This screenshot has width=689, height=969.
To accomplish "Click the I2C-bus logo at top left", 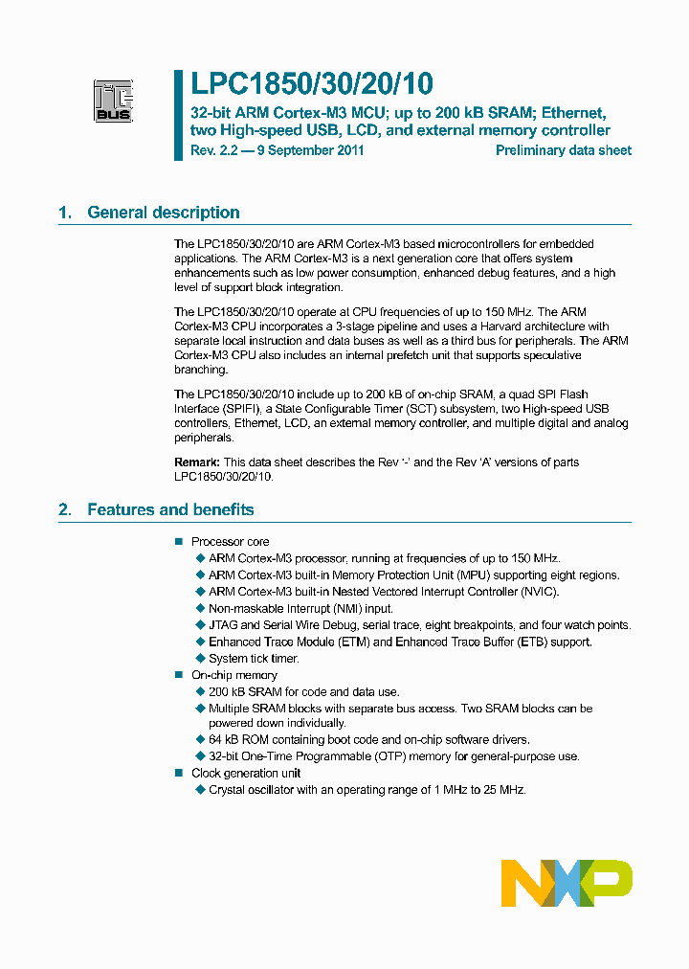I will pos(113,100).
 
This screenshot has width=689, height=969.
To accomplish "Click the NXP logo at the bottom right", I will pos(567,883).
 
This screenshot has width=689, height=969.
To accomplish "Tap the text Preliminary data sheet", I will pos(564,150).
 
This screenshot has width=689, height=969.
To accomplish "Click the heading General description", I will pos(164,213).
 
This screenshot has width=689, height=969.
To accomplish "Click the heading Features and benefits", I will pos(170,509).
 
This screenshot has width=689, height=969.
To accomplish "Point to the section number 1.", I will pos(65,213).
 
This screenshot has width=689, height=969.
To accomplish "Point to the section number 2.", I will pos(65,509).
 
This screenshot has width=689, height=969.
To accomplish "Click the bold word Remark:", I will pos(197,462).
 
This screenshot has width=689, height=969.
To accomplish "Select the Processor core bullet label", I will pos(231,542).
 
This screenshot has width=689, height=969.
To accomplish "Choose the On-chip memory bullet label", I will pos(234,675).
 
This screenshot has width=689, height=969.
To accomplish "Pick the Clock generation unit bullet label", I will pos(246,773).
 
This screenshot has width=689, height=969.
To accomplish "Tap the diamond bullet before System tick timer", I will pos(201,659).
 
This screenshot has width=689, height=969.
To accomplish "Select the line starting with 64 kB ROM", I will pos(368,740).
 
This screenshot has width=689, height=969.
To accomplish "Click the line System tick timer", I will pos(254,659).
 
